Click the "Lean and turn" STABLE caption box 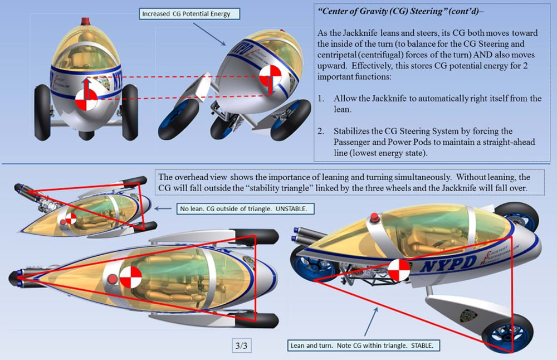(x=364, y=346)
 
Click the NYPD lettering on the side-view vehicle (x=448, y=262)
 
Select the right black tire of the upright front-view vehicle (x=130, y=112)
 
